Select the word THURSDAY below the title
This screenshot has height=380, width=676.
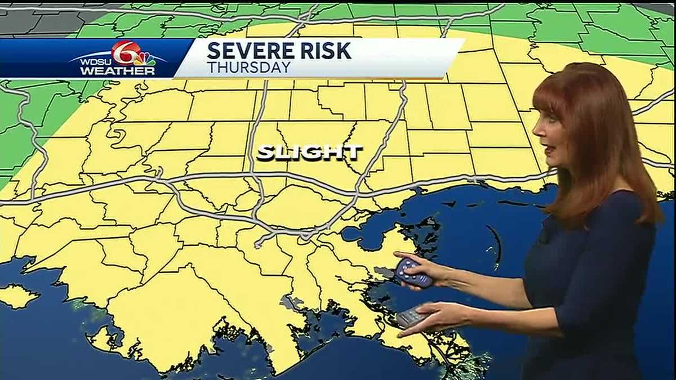[248, 68]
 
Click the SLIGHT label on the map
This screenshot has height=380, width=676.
[309, 153]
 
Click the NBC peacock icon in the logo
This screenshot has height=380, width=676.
[145, 59]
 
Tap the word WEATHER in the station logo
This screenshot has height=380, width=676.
[117, 71]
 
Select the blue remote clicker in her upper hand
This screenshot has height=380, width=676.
[414, 272]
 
